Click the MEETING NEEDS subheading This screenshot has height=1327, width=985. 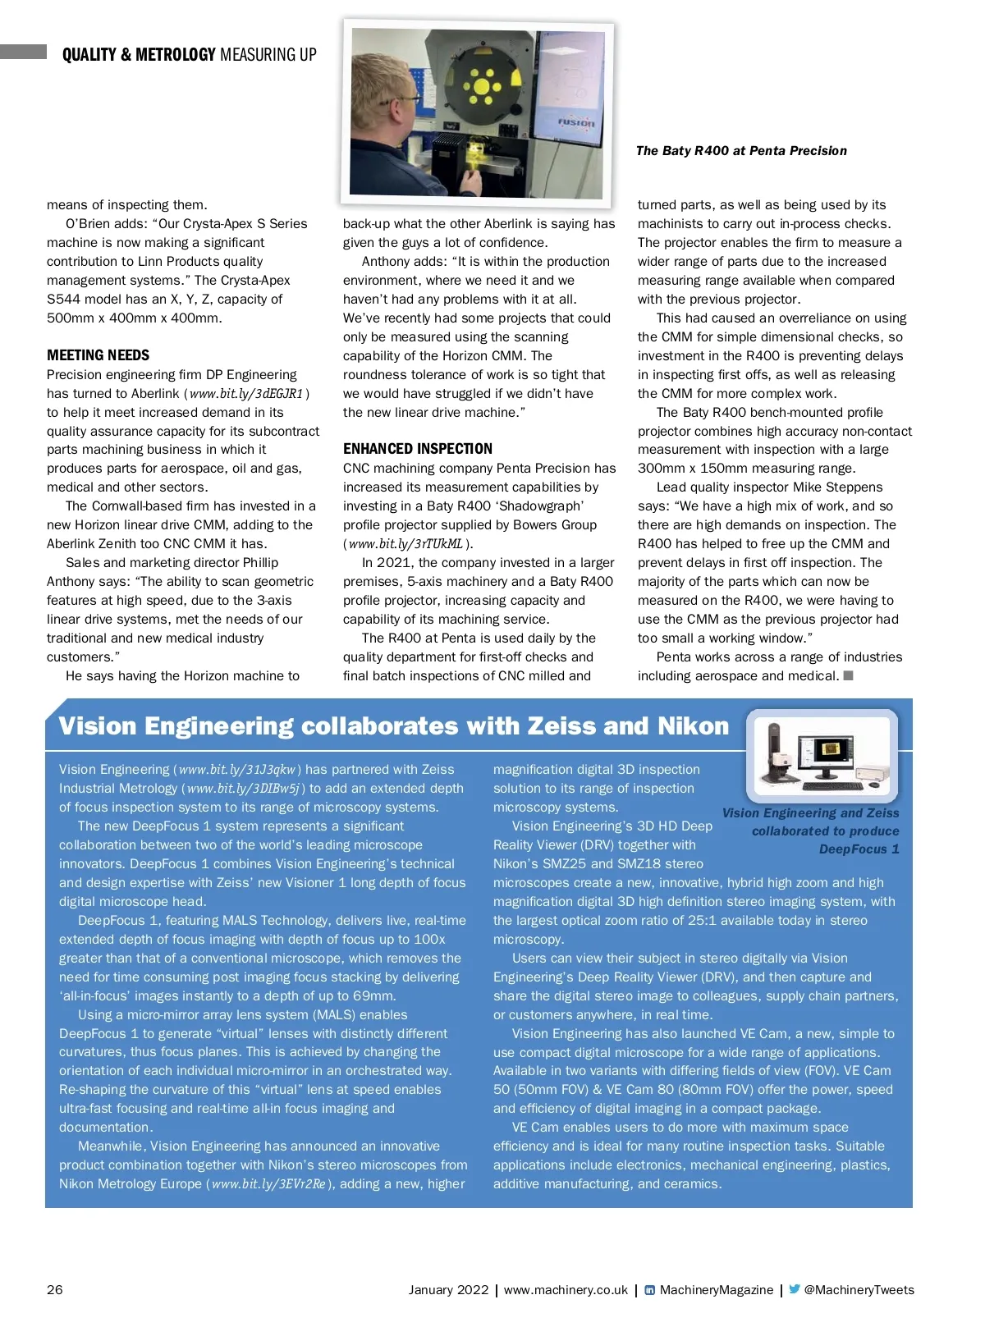(x=98, y=355)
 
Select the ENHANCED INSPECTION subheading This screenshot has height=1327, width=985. (x=418, y=449)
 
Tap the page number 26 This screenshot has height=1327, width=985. (x=55, y=1289)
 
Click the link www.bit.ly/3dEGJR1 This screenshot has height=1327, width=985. (x=246, y=394)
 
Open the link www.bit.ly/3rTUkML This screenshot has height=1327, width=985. (x=405, y=544)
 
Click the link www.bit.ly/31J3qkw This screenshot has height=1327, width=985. (x=236, y=770)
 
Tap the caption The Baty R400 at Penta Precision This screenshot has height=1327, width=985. (x=741, y=151)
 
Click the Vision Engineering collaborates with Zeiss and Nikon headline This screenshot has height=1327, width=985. (x=394, y=726)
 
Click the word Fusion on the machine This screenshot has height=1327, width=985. (x=576, y=122)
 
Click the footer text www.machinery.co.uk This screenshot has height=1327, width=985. (x=566, y=1290)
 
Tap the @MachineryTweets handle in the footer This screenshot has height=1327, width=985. (x=859, y=1290)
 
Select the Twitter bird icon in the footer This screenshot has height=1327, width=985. (x=794, y=1289)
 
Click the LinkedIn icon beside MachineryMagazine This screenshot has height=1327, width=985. (x=650, y=1290)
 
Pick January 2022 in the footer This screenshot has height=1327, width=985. (x=448, y=1290)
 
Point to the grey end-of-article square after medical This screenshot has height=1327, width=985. (x=849, y=675)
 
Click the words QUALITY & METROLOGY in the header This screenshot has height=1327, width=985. (x=139, y=55)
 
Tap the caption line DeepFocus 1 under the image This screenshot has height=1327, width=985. (x=859, y=849)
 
